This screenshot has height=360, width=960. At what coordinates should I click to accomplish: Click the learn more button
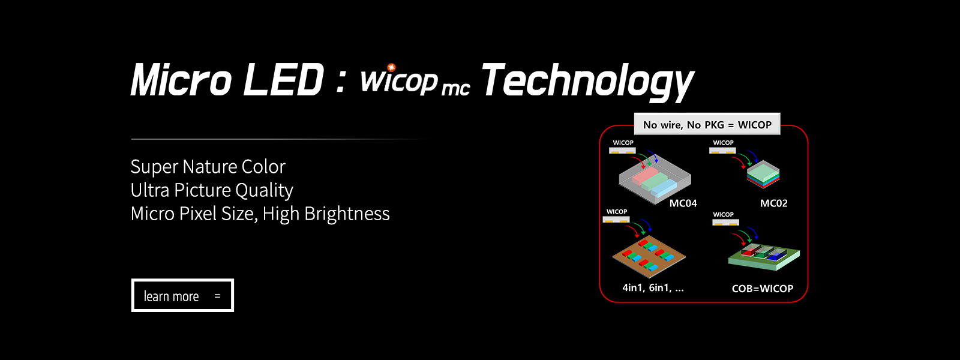click(182, 295)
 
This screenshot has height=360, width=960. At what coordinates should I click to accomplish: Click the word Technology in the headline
click(587, 82)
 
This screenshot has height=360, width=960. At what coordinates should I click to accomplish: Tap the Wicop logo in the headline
click(415, 80)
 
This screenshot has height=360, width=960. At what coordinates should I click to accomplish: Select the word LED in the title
click(283, 80)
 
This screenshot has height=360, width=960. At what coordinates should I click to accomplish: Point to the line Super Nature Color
click(208, 167)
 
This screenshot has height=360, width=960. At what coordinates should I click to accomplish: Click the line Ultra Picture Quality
click(212, 190)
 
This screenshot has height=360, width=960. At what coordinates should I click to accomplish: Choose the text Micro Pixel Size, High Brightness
click(260, 214)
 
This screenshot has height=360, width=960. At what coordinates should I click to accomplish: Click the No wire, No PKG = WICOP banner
click(707, 124)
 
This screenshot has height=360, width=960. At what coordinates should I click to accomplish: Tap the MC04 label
click(683, 203)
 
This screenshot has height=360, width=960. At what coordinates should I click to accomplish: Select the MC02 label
click(773, 203)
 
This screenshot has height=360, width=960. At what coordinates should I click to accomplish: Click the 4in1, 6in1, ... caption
click(653, 287)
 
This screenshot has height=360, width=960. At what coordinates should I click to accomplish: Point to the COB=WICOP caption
click(763, 289)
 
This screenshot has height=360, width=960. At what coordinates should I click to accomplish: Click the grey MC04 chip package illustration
click(655, 179)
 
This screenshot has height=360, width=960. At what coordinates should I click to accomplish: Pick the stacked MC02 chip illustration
click(763, 175)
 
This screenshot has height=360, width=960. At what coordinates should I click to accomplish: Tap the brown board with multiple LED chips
click(649, 257)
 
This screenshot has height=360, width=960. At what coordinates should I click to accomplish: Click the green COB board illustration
click(764, 257)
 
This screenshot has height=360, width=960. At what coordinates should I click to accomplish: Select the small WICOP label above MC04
click(623, 143)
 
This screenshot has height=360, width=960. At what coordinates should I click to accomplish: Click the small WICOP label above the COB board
click(724, 214)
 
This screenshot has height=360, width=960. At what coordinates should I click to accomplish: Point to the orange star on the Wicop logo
click(391, 67)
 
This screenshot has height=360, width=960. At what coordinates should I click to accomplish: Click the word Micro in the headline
click(181, 80)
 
